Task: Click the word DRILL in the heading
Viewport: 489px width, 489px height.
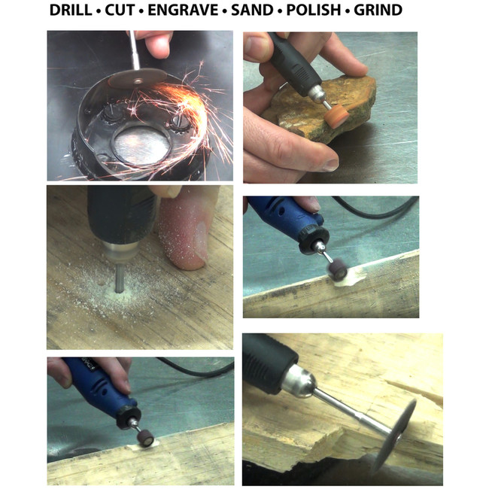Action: (x=71, y=10)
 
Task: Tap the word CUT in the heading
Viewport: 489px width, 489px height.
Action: (x=120, y=10)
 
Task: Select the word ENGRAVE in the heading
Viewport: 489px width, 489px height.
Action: (x=183, y=10)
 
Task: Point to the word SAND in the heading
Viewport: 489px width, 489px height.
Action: (x=252, y=10)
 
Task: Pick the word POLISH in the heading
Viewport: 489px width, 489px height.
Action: (x=314, y=10)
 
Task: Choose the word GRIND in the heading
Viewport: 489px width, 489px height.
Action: (x=378, y=10)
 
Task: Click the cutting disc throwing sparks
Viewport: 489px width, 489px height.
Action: (x=138, y=78)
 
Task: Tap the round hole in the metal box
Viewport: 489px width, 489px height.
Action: (x=141, y=145)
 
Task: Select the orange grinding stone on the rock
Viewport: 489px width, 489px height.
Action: (x=336, y=117)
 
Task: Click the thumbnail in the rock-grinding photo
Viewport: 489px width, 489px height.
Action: (x=330, y=165)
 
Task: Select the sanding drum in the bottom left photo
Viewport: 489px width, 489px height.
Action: (x=145, y=439)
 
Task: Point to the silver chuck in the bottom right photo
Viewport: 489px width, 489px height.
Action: (x=299, y=383)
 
